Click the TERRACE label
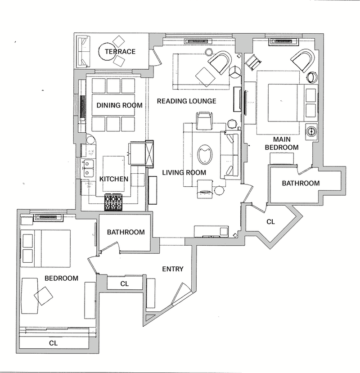pyautogui.click(x=120, y=51)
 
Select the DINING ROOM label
pyautogui.click(x=119, y=105)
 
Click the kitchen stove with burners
pyautogui.click(x=113, y=202)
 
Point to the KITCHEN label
pyautogui.click(x=114, y=179)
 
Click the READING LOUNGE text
pyautogui.click(x=187, y=101)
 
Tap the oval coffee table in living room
pyautogui.click(x=205, y=155)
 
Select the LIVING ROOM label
pyautogui.click(x=184, y=172)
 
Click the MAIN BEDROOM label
pyautogui.click(x=282, y=143)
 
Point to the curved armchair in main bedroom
pyautogui.click(x=303, y=60)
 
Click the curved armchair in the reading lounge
pyautogui.click(x=220, y=62)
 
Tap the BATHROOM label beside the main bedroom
pyautogui.click(x=301, y=183)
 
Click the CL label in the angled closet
pyautogui.click(x=271, y=222)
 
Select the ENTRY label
pyautogui.click(x=173, y=269)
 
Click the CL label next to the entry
pyautogui.click(x=125, y=283)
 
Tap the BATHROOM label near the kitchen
pyautogui.click(x=126, y=232)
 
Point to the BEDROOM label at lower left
pyautogui.click(x=61, y=278)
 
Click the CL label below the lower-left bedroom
pyautogui.click(x=53, y=343)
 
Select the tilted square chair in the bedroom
pyautogui.click(x=43, y=296)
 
